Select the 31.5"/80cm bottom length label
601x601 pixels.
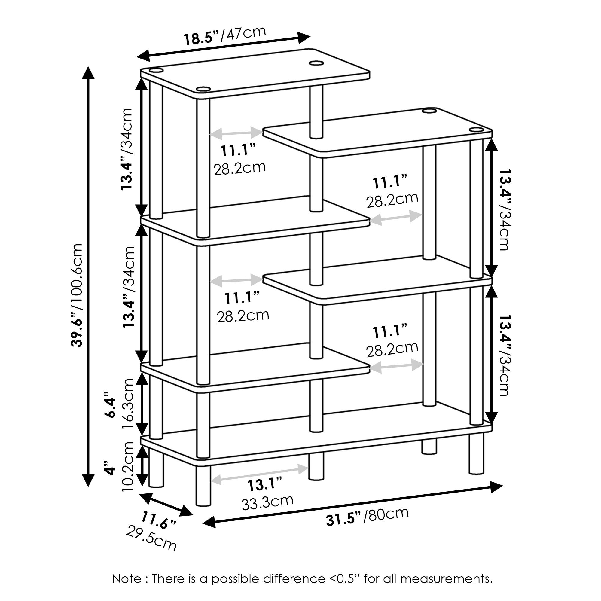(x=368, y=516)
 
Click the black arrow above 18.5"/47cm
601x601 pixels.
(x=224, y=47)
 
